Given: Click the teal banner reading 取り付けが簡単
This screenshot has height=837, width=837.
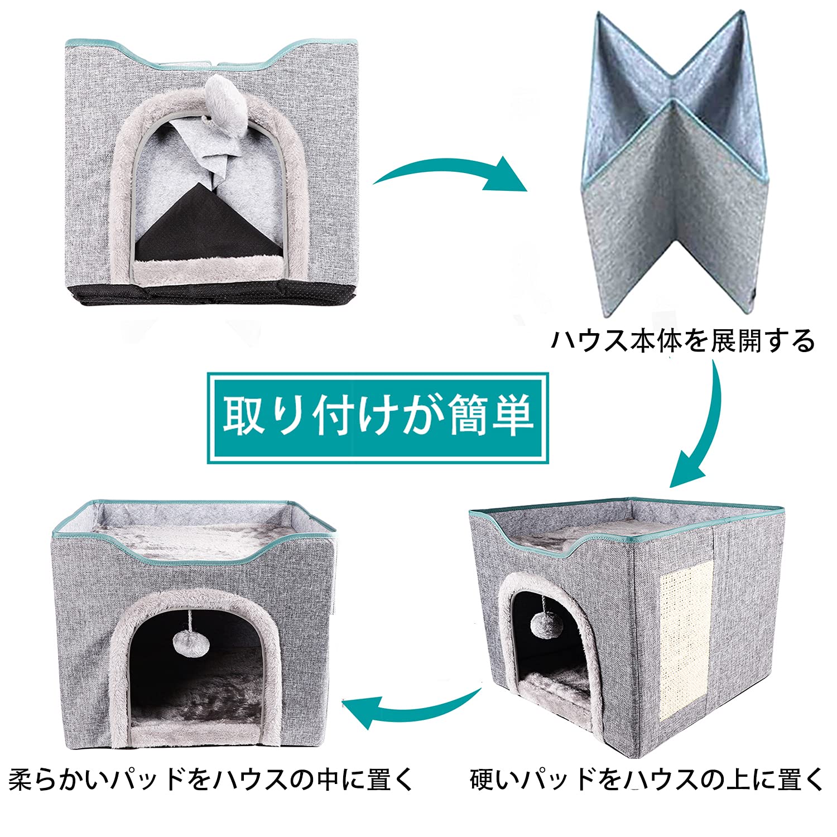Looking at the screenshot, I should [x=378, y=417].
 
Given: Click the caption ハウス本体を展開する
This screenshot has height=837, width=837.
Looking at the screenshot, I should [x=683, y=341].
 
